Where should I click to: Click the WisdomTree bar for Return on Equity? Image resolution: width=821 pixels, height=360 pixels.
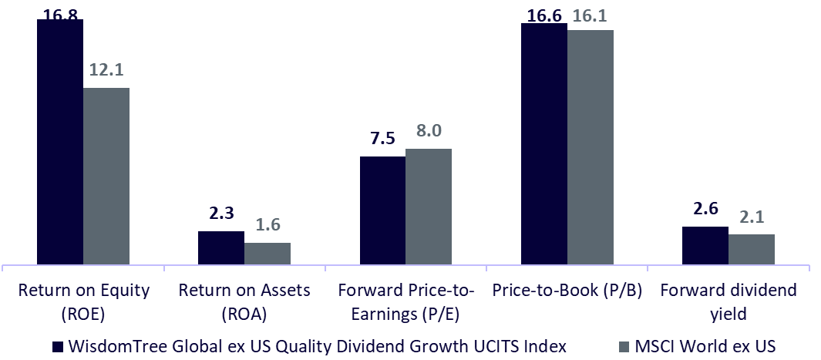(x=59, y=143)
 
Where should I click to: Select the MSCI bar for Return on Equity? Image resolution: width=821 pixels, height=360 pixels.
(x=106, y=177)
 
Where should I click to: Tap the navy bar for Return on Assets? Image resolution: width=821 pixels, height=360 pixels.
(x=221, y=247)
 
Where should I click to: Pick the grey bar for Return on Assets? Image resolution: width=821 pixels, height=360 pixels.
(x=267, y=254)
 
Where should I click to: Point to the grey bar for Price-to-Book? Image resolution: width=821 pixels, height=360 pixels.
(x=591, y=147)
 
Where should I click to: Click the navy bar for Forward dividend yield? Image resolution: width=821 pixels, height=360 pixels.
(x=705, y=245)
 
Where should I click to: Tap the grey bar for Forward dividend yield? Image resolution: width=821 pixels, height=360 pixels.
(x=752, y=249)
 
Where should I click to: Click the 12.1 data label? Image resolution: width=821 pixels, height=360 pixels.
(x=106, y=70)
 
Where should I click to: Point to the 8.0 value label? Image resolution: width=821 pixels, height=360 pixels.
(x=429, y=131)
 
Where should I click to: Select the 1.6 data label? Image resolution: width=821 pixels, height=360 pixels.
(x=267, y=225)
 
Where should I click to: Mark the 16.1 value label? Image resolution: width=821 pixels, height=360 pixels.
(x=591, y=14)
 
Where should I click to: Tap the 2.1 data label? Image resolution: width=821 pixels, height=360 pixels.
(x=752, y=217)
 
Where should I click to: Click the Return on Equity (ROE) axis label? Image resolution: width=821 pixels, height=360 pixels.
(x=84, y=301)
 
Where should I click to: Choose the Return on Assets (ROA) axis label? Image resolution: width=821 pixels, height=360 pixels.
(x=244, y=301)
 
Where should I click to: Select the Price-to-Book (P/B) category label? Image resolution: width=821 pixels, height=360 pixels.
(x=567, y=291)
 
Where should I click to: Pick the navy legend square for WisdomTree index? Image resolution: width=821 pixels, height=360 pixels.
(x=59, y=347)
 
